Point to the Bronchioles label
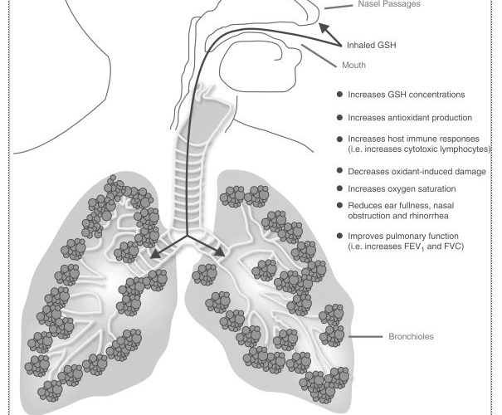[411, 338]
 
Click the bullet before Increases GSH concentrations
[339, 95]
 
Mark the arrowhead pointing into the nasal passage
[329, 32]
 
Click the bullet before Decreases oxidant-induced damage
[339, 171]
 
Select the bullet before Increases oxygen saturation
[339, 189]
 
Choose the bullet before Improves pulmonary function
[339, 237]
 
